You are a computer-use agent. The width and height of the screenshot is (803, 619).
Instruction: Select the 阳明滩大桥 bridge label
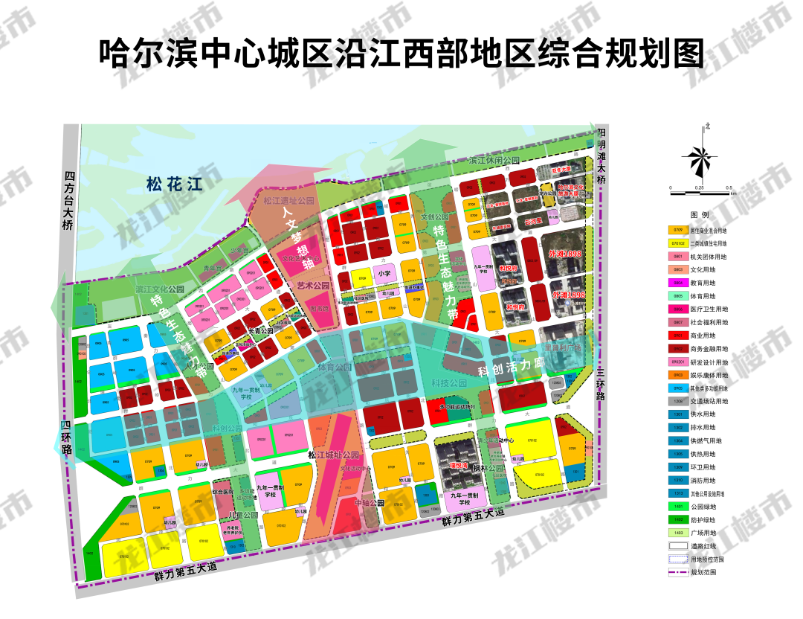pyautogui.click(x=601, y=155)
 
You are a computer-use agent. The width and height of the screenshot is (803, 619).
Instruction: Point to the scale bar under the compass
pyautogui.click(x=699, y=193)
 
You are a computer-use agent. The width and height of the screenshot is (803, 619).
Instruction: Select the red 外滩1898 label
pyautogui.click(x=565, y=254)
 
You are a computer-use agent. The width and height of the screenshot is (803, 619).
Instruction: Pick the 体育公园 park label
pyautogui.click(x=334, y=367)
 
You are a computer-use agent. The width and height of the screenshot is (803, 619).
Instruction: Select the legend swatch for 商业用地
pyautogui.click(x=677, y=336)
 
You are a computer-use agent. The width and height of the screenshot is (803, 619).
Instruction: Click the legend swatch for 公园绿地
pyautogui.click(x=677, y=506)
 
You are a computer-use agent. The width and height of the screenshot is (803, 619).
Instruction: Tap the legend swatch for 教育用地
pyautogui.click(x=677, y=283)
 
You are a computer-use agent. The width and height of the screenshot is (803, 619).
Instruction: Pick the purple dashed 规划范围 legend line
pyautogui.click(x=677, y=572)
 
